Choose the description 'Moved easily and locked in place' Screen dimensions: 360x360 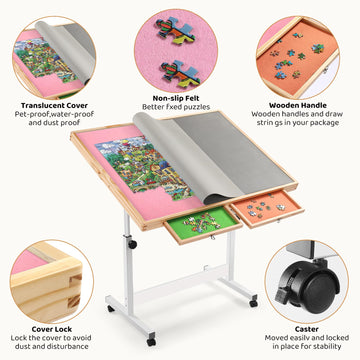(x=306, y=341)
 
